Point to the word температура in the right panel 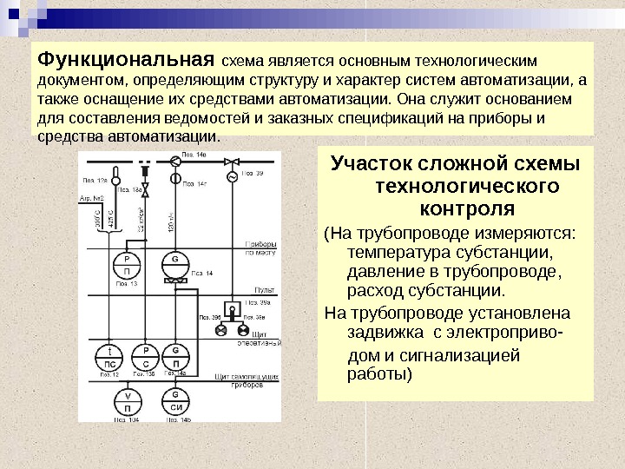[396, 253]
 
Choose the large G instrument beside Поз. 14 [175, 264]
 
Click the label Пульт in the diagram [264, 289]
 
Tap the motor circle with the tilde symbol [232, 177]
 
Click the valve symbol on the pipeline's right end [232, 161]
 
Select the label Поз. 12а [95, 180]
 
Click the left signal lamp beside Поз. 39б [221, 331]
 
